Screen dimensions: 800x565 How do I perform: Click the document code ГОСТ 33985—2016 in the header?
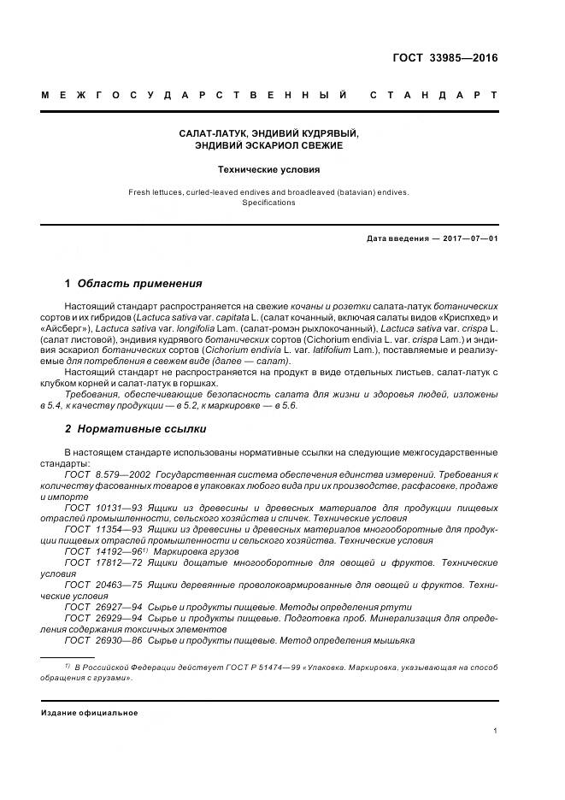(444, 59)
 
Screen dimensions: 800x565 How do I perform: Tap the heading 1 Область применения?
(133, 284)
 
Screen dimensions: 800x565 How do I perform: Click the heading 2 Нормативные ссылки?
(135, 428)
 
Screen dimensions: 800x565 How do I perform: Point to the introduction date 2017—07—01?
(468, 238)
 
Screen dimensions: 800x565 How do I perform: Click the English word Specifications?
(268, 203)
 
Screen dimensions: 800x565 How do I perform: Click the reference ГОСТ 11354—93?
(98, 530)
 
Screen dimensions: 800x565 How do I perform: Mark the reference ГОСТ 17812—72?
(98, 563)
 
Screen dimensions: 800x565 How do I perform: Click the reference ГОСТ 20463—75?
(98, 585)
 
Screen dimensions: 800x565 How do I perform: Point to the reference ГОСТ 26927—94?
(98, 608)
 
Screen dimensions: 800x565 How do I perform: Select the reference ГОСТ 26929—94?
(98, 619)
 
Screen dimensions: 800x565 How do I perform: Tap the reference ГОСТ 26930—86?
(98, 641)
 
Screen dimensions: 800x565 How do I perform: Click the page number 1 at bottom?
(496, 731)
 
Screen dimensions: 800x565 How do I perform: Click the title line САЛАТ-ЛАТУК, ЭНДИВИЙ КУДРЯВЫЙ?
(268, 134)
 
